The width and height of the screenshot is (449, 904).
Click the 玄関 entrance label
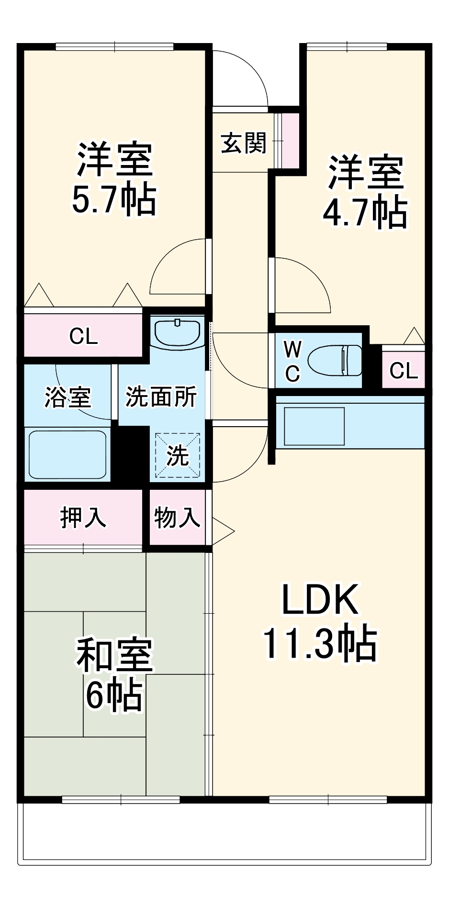pyautogui.click(x=243, y=143)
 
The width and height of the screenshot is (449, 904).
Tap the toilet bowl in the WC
pyautogui.click(x=335, y=360)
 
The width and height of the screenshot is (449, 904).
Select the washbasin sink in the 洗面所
pyautogui.click(x=177, y=332)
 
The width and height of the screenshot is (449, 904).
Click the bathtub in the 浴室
pyautogui.click(x=67, y=454)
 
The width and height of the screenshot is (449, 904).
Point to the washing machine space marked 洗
pyautogui.click(x=177, y=455)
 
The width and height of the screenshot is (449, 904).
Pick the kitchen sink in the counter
pyautogui.click(x=314, y=426)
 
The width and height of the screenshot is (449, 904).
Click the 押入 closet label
pyautogui.click(x=83, y=517)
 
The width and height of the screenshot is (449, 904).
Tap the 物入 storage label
pyautogui.click(x=177, y=517)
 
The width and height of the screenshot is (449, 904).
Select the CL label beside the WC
pyautogui.click(x=403, y=370)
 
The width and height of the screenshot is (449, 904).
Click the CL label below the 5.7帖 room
pyautogui.click(x=83, y=336)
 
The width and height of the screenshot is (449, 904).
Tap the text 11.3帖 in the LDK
pyautogui.click(x=320, y=644)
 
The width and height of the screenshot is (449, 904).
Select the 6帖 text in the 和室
pyautogui.click(x=114, y=695)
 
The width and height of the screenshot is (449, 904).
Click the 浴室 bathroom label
pyautogui.click(x=67, y=397)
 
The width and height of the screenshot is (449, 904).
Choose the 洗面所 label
pyautogui.click(x=161, y=397)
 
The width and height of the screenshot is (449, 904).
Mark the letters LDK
pyautogui.click(x=320, y=600)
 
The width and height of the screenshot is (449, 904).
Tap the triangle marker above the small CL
pyautogui.click(x=414, y=336)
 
